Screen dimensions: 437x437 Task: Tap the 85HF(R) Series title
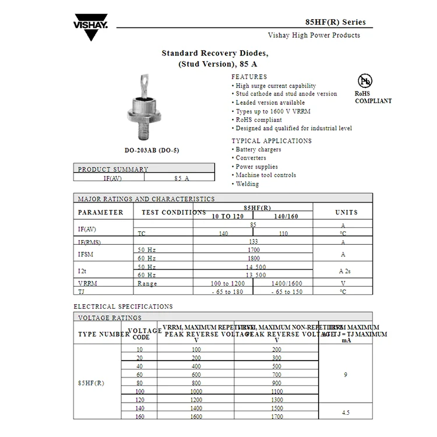tap(336, 22)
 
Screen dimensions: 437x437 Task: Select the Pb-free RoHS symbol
tap(365, 80)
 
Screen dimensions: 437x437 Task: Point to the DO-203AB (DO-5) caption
tap(151, 150)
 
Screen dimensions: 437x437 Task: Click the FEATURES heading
tap(249, 77)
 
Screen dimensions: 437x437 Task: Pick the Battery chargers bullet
tap(258, 150)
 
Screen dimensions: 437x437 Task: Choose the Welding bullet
tap(247, 184)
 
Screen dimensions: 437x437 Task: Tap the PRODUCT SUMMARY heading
tap(113, 170)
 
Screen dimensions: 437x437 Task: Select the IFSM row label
tap(85, 254)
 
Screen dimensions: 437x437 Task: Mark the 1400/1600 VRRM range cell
tap(287, 283)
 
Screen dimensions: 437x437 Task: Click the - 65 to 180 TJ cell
tap(227, 292)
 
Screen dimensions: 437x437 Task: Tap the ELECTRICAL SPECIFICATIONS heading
tap(123, 306)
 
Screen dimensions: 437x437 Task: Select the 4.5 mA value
tap(346, 412)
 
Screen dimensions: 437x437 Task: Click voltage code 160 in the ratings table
tap(140, 417)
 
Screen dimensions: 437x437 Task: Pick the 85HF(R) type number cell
tap(91, 383)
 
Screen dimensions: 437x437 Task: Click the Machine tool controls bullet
tap(266, 175)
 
